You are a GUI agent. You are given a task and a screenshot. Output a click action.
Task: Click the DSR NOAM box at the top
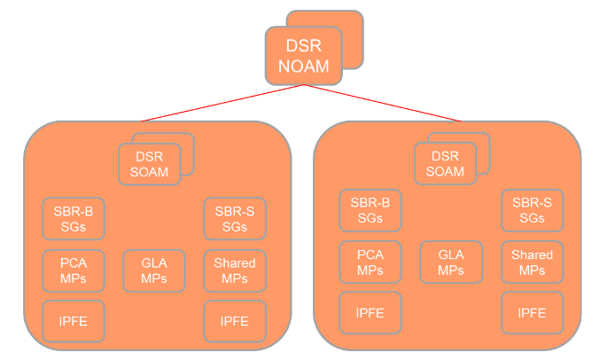304,54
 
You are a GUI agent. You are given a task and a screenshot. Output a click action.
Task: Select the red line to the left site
222,104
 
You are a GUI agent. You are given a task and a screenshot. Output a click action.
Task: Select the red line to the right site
383,103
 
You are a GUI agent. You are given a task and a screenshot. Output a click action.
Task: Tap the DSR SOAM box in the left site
149,163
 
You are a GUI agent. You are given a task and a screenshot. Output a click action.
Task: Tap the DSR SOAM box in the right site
445,163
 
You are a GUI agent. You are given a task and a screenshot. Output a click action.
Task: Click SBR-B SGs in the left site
74,218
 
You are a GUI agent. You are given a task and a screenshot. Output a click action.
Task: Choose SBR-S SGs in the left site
235,218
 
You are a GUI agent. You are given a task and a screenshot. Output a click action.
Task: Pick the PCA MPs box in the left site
74,270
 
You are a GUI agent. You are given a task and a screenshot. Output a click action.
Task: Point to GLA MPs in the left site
154,270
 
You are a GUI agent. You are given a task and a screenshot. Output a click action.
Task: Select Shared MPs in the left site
235,270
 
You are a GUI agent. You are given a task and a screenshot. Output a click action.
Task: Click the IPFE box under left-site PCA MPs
74,320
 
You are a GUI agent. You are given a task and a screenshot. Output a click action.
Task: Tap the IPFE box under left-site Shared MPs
235,320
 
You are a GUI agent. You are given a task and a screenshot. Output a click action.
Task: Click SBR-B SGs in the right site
370,210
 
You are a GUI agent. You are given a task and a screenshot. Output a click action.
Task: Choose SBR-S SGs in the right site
532,210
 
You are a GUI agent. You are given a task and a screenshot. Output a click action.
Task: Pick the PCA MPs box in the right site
370,262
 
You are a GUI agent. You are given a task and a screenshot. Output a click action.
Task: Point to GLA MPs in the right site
451,262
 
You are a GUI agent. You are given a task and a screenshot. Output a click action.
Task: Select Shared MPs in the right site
532,262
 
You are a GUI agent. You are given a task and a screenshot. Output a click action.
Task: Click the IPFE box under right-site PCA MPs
370,312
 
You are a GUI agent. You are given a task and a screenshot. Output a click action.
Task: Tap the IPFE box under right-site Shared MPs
532,312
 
